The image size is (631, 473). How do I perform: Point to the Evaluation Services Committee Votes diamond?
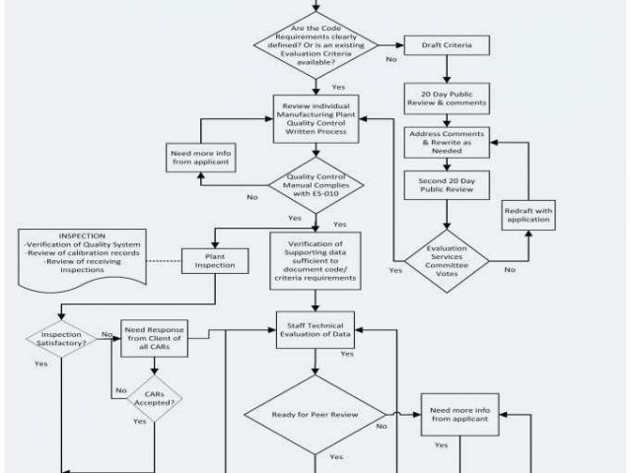(449, 255)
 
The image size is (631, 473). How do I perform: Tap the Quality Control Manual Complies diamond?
(315, 185)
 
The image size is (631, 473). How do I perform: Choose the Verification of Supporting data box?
(315, 259)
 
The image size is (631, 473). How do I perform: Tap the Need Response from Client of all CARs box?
(154, 336)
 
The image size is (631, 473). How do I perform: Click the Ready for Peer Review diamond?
(316, 413)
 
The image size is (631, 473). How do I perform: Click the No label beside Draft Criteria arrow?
(391, 59)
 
